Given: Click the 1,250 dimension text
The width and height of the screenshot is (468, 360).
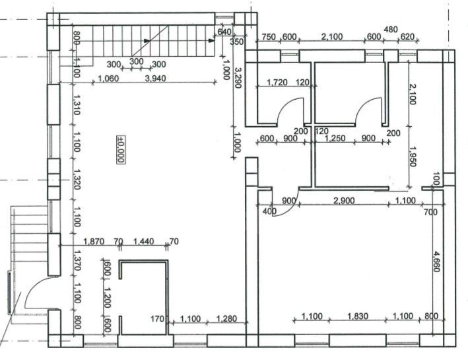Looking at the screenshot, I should [336, 139].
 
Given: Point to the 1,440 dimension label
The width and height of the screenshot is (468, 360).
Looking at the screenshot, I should [144, 242].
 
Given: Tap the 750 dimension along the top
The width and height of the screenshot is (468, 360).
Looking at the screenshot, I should [268, 36].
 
